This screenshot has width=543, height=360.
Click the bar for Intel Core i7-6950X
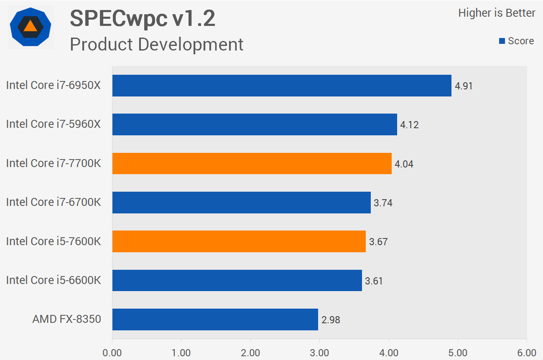[x=282, y=86]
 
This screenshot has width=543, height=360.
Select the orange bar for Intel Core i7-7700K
[x=252, y=163]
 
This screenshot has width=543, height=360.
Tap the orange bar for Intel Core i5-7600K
[x=239, y=241]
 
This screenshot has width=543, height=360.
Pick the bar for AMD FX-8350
[x=215, y=319]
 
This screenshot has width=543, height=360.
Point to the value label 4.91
[x=464, y=86]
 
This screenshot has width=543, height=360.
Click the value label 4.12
[x=409, y=125]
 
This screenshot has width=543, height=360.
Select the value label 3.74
[x=383, y=203]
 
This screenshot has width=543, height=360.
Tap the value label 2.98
[x=331, y=320]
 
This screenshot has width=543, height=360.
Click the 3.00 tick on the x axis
[x=320, y=353]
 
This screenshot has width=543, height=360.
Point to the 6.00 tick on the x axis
[x=527, y=353]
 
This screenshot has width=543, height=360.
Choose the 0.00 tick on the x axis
[x=112, y=353]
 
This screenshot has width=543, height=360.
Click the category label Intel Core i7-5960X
[x=54, y=124]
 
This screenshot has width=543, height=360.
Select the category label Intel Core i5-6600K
[x=54, y=280]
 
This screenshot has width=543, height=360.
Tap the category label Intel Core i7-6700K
[x=54, y=202]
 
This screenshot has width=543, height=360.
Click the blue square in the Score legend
[x=502, y=41]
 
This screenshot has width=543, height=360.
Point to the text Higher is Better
[x=497, y=13]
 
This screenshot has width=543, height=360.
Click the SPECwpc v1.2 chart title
[x=143, y=19]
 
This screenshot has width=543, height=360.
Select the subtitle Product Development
[x=156, y=44]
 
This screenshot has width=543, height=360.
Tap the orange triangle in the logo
[x=31, y=26]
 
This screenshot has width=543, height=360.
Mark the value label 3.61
[x=374, y=281]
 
